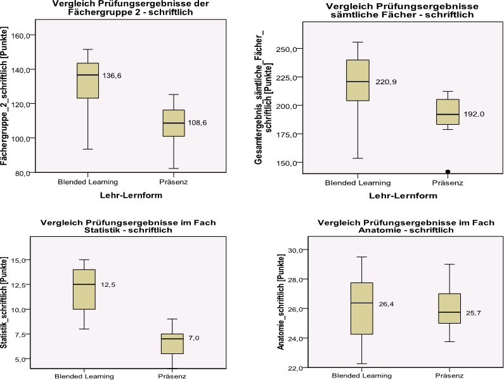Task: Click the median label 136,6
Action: click(x=112, y=75)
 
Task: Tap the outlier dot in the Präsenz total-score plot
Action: click(x=448, y=172)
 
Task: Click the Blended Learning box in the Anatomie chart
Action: click(x=361, y=308)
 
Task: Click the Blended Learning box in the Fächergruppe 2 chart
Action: click(x=87, y=80)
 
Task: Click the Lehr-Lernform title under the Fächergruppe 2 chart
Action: click(x=131, y=196)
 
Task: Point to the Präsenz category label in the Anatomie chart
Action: click(x=448, y=374)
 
